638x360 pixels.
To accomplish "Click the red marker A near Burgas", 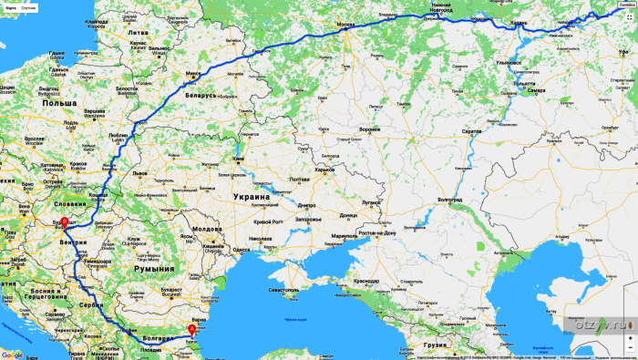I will pos(191,330).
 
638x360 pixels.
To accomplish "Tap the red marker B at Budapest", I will pos(64,222).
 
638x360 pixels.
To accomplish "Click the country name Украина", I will pos(249,197).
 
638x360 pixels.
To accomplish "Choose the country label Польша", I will pos(57,105).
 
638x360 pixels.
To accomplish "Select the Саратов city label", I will pos(471,131).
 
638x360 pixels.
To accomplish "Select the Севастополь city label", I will pos(284,290).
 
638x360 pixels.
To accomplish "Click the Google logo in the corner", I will pos(12,355).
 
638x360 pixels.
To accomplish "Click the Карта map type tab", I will pos(10,6).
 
